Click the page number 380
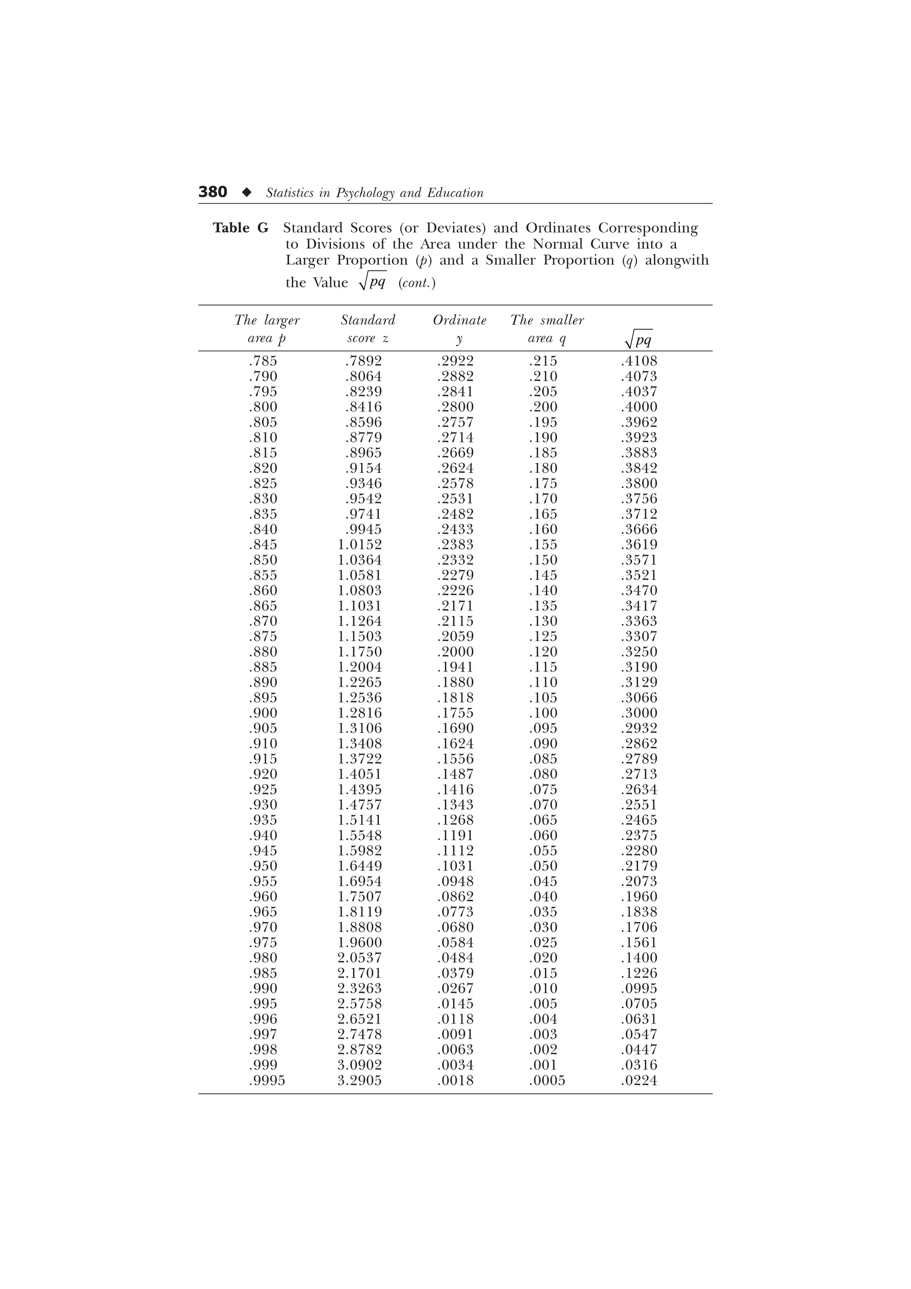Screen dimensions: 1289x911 coord(213,192)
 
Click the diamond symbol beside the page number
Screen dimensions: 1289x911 coord(246,192)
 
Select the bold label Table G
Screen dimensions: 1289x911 coord(240,228)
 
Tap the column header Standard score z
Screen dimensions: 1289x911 coord(368,329)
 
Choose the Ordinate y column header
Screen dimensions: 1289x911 coord(459,329)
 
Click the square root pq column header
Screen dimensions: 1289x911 coord(639,338)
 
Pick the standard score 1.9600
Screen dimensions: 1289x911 coord(359,943)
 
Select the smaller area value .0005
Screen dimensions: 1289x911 coord(547,1081)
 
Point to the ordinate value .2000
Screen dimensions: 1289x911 coord(455,652)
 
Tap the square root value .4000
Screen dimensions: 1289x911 coord(639,407)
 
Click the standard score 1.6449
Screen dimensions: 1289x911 coord(359,866)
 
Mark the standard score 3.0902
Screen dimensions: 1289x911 coord(359,1065)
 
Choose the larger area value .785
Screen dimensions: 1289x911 coord(263,361)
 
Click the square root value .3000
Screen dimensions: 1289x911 coord(639,713)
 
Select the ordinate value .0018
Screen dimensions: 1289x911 coord(455,1081)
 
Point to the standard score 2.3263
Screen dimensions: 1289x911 coord(359,989)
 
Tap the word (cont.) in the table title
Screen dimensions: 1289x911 coord(416,283)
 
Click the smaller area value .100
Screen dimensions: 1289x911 coord(543,713)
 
